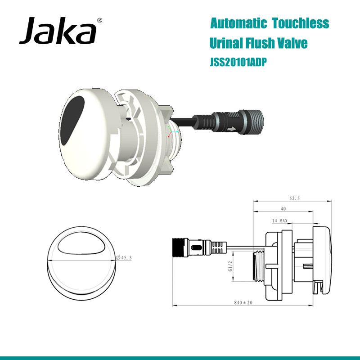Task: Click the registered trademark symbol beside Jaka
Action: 99,20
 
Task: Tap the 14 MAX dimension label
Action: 280,220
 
